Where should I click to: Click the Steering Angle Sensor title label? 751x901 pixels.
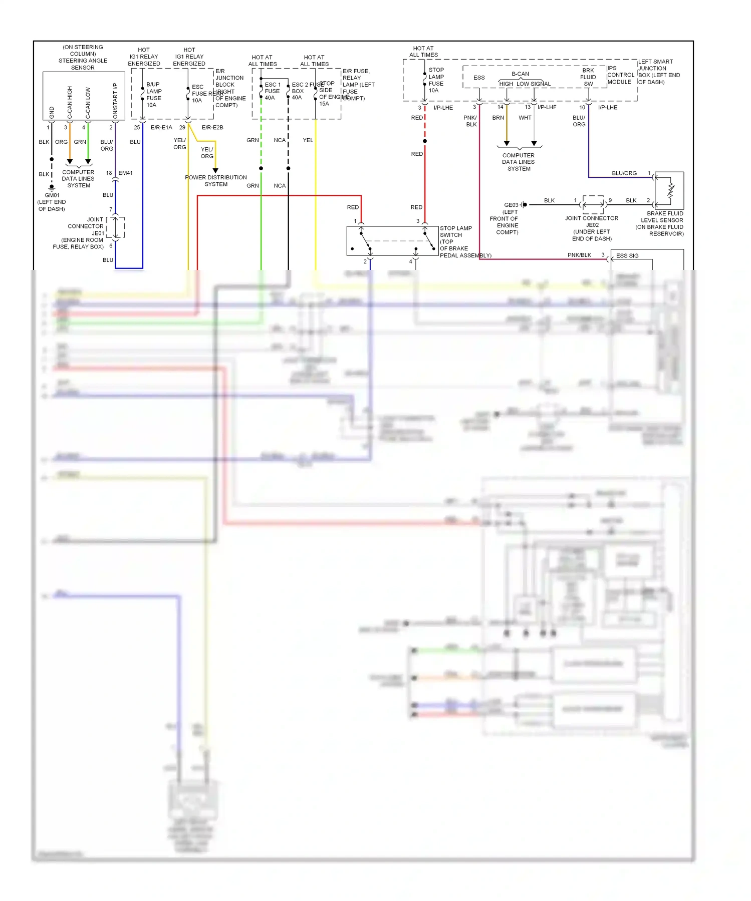click(83, 57)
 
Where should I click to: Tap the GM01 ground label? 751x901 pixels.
click(52, 195)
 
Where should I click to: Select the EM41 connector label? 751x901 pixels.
click(125, 173)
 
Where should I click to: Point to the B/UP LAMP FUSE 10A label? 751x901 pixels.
click(153, 95)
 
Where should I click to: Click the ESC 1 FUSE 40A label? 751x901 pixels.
click(272, 91)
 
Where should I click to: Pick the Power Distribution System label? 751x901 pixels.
click(216, 181)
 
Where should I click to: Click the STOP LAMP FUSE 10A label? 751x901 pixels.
click(436, 80)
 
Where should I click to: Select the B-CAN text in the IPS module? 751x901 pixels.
click(520, 74)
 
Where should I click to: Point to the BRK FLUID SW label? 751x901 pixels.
click(588, 77)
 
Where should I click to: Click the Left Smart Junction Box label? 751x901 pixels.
click(658, 72)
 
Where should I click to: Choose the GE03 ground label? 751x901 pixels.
click(511, 205)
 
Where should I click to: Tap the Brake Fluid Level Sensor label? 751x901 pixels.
click(661, 223)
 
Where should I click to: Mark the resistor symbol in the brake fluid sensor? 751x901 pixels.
click(671, 191)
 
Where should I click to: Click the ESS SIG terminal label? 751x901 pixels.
click(627, 256)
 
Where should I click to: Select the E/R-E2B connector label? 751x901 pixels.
click(212, 128)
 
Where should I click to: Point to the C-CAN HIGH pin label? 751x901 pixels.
click(70, 103)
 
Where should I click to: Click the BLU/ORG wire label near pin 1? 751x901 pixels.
click(624, 173)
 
